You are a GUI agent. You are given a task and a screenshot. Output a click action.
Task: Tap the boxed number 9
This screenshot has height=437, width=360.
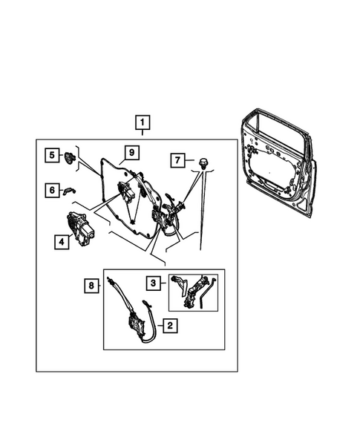[129, 153]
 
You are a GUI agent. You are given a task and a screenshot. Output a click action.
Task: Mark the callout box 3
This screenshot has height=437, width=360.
[151, 283]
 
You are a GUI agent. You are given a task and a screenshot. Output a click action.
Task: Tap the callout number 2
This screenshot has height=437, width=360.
[169, 324]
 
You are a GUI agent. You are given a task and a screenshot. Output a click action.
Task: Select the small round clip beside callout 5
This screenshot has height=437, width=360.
[71, 156]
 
